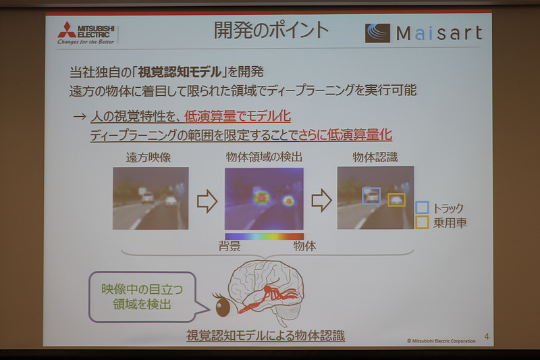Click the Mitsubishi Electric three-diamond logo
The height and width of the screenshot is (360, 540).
[66, 30]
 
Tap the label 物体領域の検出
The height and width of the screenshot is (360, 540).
[263, 158]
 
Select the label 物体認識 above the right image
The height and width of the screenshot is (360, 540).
[375, 157]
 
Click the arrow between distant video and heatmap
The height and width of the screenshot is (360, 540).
[207, 201]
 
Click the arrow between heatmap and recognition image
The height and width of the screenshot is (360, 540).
[321, 200]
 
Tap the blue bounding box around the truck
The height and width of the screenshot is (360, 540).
[371, 195]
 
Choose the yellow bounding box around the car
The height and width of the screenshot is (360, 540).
[396, 200]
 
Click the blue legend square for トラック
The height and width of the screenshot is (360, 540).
[423, 207]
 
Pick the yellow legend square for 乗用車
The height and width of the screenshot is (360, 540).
[423, 222]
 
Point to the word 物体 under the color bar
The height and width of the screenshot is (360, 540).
[304, 247]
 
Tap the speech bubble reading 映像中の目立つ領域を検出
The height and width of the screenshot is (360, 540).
[141, 296]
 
